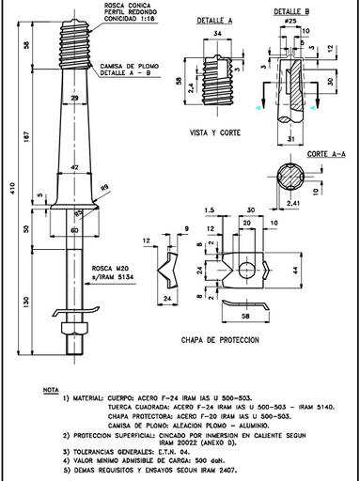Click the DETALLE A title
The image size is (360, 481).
(x=215, y=18)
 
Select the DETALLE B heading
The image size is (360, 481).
(x=295, y=9)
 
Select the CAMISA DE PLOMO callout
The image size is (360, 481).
(x=123, y=68)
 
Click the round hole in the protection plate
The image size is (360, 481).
(x=245, y=271)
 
